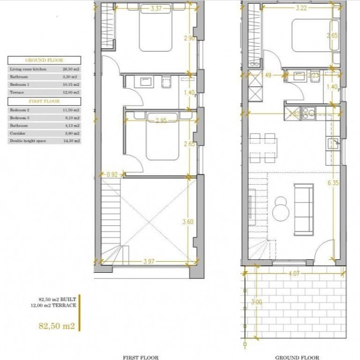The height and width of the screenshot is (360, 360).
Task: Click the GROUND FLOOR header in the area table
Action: pyautogui.click(x=44, y=60)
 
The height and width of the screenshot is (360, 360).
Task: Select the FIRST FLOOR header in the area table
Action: pyautogui.click(x=44, y=101)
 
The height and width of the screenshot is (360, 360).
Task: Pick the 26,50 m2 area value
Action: pyautogui.click(x=69, y=69)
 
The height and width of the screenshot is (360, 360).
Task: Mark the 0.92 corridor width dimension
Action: pyautogui.click(x=112, y=175)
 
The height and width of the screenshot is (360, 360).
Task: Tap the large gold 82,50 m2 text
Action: pyautogui.click(x=57, y=326)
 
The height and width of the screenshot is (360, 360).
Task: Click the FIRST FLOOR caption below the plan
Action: pyautogui.click(x=141, y=357)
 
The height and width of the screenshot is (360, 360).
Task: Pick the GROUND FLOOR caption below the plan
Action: pyautogui.click(x=297, y=357)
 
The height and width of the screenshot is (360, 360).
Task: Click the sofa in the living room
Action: pyautogui.click(x=304, y=209)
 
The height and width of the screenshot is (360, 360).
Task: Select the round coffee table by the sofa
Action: pyautogui.click(x=280, y=209)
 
